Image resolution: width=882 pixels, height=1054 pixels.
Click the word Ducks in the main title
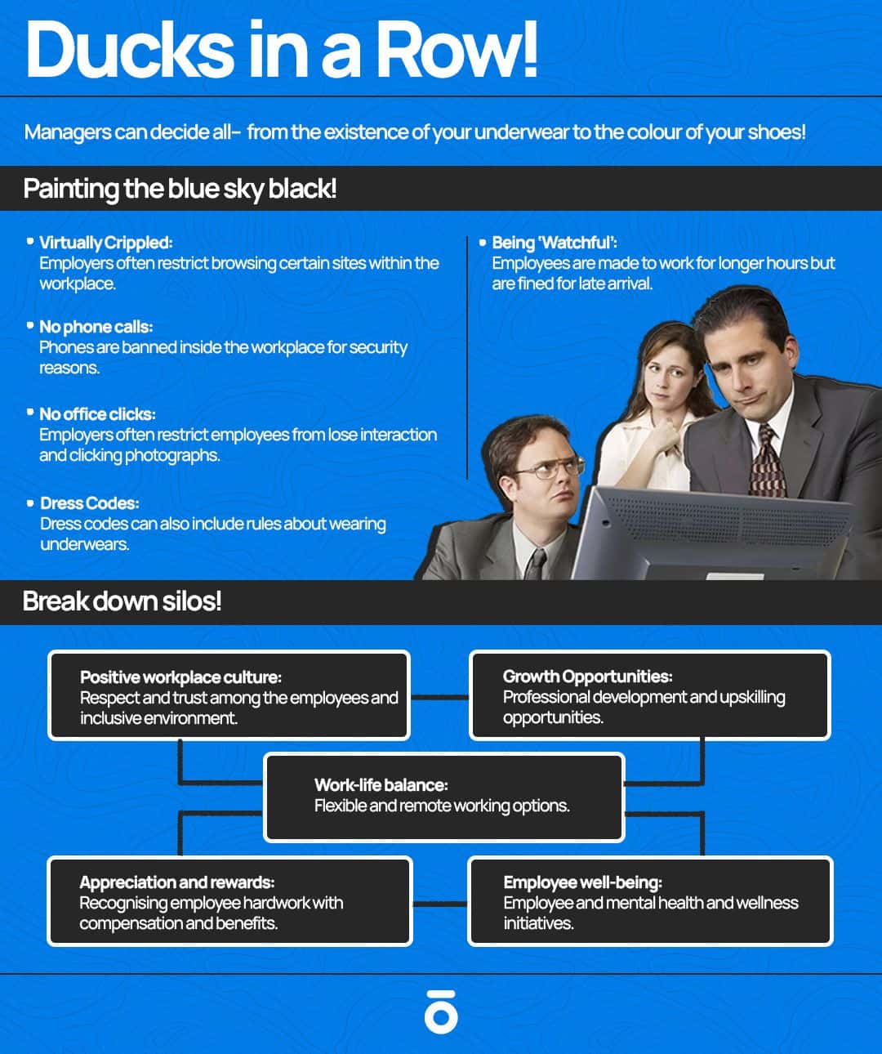pyautogui.click(x=130, y=49)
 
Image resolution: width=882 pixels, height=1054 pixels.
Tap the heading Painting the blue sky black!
pyautogui.click(x=180, y=189)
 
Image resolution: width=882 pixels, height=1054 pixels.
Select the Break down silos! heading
pyautogui.click(x=122, y=601)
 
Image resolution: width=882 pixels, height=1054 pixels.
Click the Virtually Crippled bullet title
pyautogui.click(x=106, y=243)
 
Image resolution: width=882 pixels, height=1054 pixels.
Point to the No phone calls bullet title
pyautogui.click(x=96, y=327)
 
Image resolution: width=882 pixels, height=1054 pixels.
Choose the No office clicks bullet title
pyautogui.click(x=97, y=414)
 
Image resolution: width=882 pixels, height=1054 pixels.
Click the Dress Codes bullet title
pyautogui.click(x=90, y=503)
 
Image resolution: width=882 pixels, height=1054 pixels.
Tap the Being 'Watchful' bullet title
pyautogui.click(x=555, y=243)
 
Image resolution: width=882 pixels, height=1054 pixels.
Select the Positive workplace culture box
pyautogui.click(x=229, y=695)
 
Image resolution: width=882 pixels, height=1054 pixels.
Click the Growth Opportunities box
pyautogui.click(x=650, y=695)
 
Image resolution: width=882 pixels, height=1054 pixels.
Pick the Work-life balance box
pyautogui.click(x=444, y=797)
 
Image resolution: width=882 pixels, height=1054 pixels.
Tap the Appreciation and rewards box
pyautogui.click(x=230, y=901)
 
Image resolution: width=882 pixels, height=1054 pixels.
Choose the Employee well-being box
pyautogui.click(x=650, y=901)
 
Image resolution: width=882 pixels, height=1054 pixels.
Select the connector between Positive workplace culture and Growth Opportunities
pyautogui.click(x=439, y=697)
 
